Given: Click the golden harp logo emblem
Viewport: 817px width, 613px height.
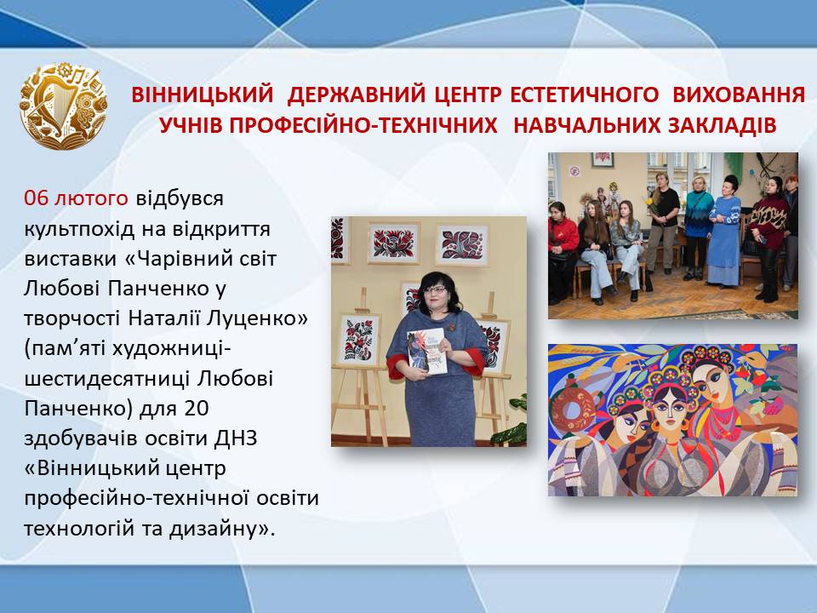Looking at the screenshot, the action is click(x=64, y=106).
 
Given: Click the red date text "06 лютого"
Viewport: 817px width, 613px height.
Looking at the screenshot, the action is click(x=76, y=198).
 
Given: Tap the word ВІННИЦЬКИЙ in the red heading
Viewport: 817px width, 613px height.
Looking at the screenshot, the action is click(x=203, y=95).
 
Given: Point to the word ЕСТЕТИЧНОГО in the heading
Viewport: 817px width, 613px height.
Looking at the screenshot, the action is click(x=584, y=95).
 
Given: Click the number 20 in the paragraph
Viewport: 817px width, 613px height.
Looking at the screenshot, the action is click(x=197, y=408).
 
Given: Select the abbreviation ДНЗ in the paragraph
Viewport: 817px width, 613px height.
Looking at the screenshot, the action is click(x=236, y=438).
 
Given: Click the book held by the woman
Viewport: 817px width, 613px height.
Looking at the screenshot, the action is click(x=427, y=352).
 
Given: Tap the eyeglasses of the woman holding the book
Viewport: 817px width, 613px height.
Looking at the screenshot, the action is click(x=437, y=290).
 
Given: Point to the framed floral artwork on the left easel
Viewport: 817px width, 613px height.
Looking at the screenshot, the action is click(x=359, y=340).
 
